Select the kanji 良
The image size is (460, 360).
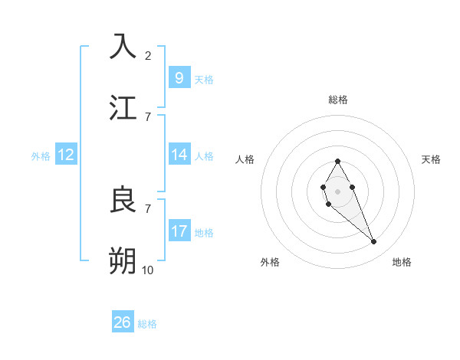(x=123, y=200)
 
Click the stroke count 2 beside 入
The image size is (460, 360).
(x=148, y=55)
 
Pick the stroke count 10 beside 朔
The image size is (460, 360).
(x=148, y=270)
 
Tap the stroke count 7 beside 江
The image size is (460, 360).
(x=148, y=116)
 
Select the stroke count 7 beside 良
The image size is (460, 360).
(x=148, y=208)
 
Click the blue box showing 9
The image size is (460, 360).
(x=179, y=78)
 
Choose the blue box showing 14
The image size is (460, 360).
(x=179, y=155)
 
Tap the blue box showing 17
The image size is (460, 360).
(x=179, y=231)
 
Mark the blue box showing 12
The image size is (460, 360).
(x=66, y=155)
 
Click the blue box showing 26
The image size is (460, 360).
(x=123, y=322)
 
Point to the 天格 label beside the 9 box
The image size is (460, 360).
(x=204, y=80)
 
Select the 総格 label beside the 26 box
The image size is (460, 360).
(x=147, y=324)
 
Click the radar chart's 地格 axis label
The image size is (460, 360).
(x=402, y=262)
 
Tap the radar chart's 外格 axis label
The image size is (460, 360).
(x=270, y=262)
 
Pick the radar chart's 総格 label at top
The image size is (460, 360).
(x=337, y=100)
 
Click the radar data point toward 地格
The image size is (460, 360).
(x=374, y=242)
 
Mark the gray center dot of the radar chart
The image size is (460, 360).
(x=337, y=191)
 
